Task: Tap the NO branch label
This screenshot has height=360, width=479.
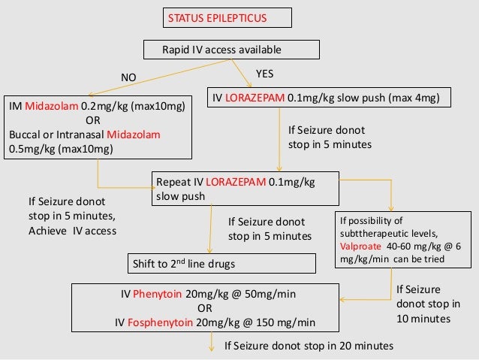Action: pyautogui.click(x=130, y=77)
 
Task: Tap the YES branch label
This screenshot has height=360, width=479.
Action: pyautogui.click(x=265, y=74)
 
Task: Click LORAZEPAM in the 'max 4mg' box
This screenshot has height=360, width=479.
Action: pyautogui.click(x=257, y=98)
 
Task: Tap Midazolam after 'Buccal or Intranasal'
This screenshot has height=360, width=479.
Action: pyautogui.click(x=137, y=134)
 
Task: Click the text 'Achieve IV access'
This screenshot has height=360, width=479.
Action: pyautogui.click(x=72, y=231)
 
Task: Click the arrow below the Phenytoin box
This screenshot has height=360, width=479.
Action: pyautogui.click(x=210, y=343)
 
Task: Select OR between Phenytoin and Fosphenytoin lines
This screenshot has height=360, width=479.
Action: pyautogui.click(x=203, y=308)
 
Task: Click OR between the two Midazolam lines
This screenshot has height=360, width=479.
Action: pyautogui.click(x=93, y=120)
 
